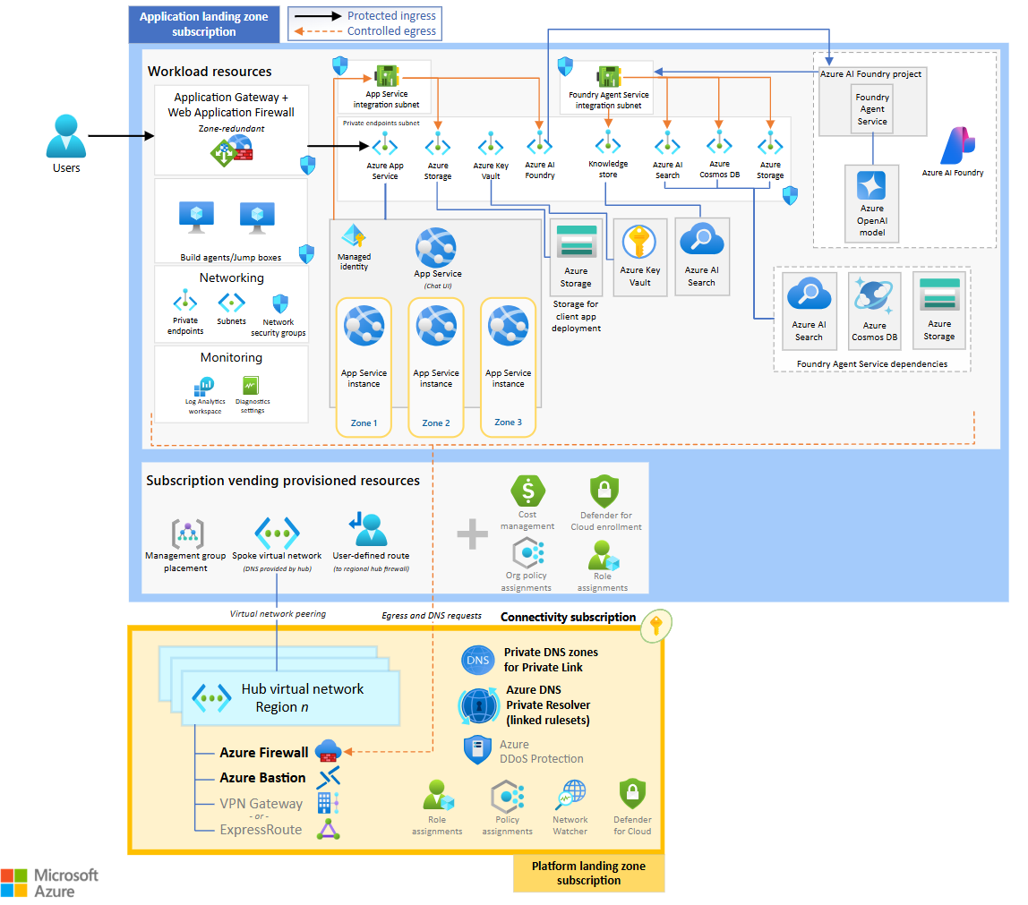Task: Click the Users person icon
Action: (66, 136)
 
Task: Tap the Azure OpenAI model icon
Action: (871, 186)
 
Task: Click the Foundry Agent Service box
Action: (871, 109)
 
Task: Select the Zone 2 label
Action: (436, 423)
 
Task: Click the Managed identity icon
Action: (354, 236)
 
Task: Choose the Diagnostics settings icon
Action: (252, 385)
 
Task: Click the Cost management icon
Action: (527, 491)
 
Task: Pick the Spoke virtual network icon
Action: (277, 532)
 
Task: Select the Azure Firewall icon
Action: (328, 751)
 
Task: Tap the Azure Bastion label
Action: (262, 778)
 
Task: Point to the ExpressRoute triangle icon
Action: (329, 830)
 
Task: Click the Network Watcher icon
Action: (570, 795)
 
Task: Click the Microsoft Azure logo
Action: (50, 882)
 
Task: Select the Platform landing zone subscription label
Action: (588, 873)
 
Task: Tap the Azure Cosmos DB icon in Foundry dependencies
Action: (873, 297)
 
